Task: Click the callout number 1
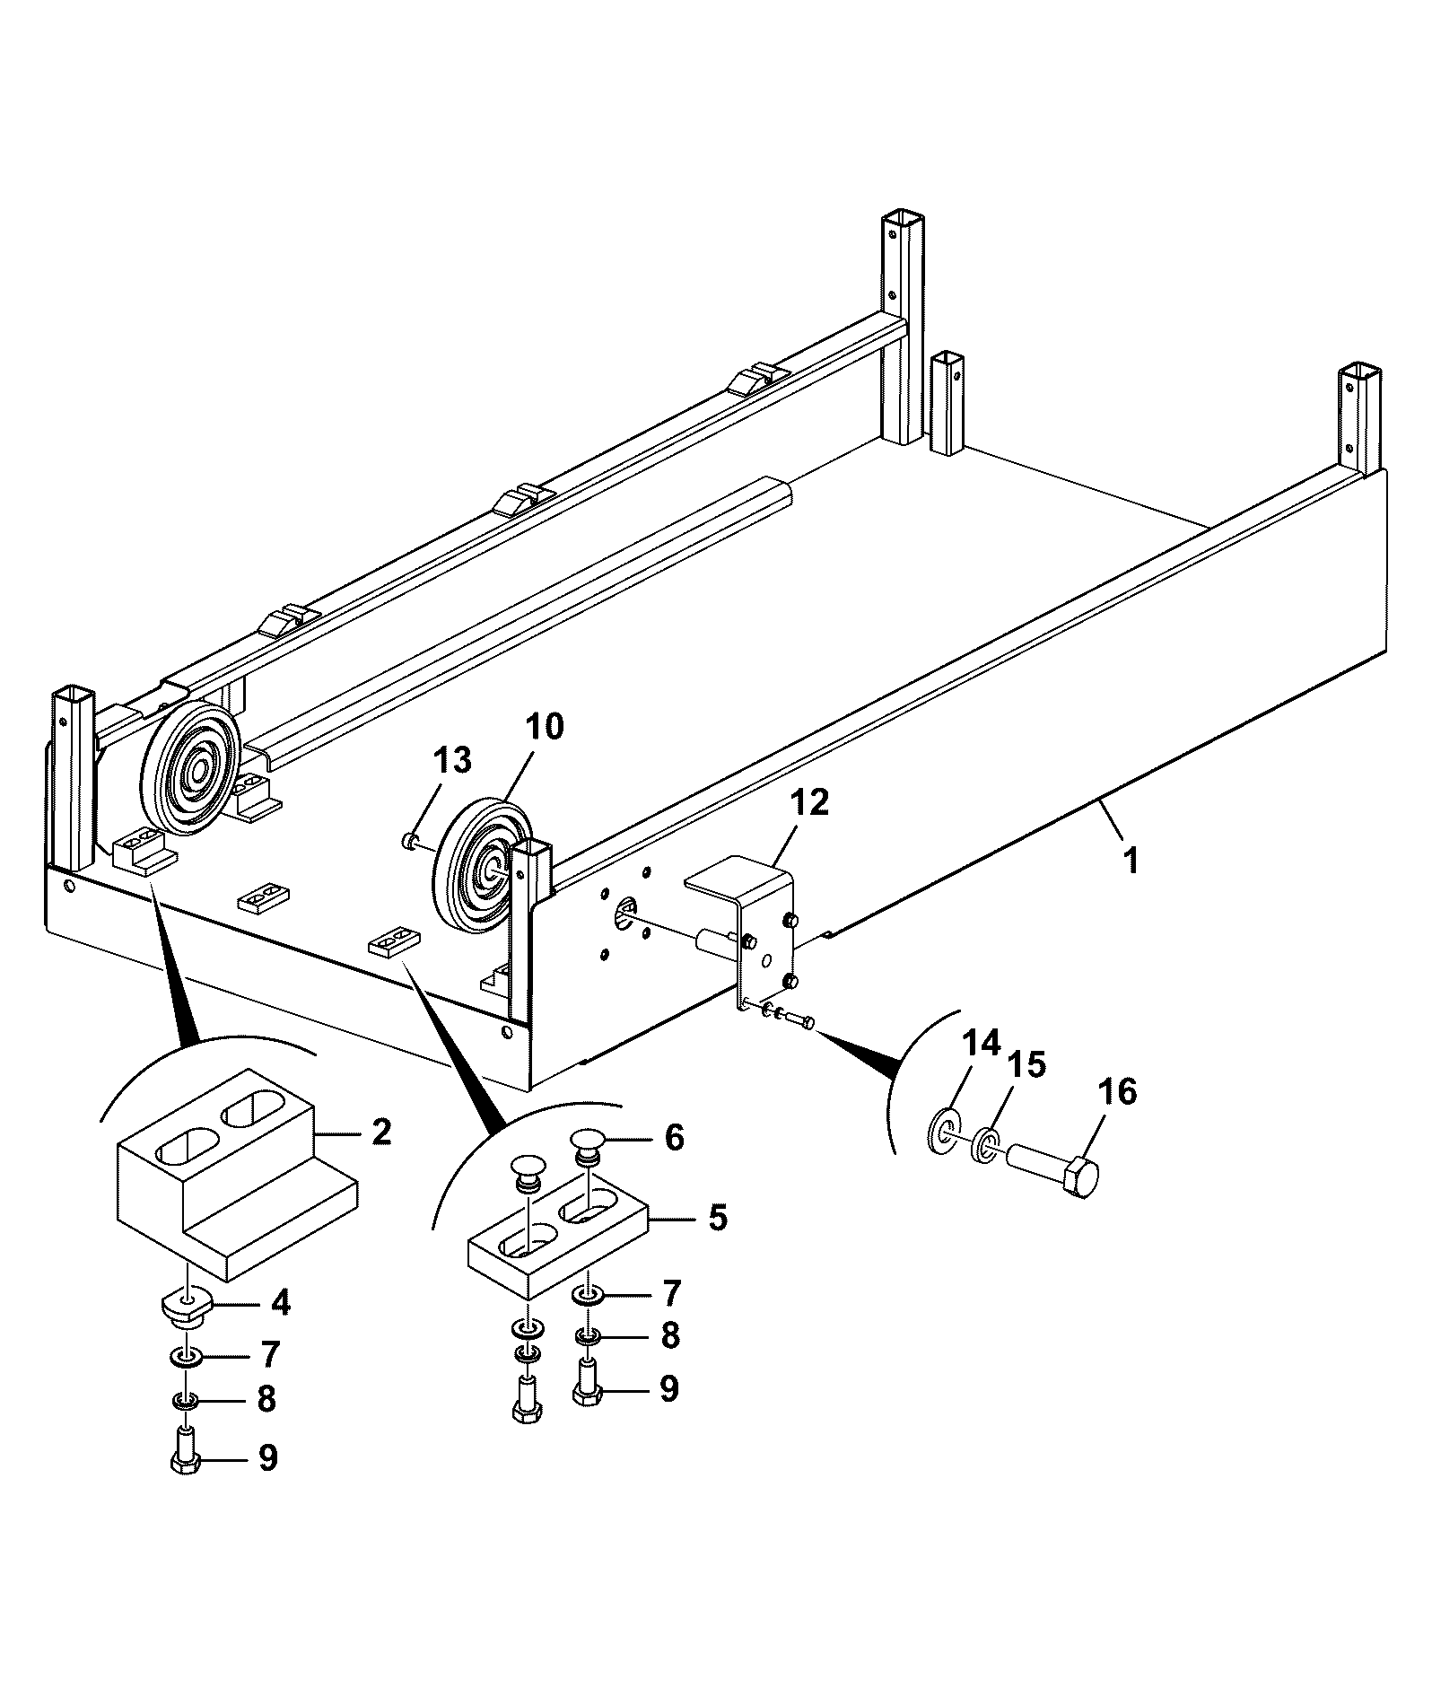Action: (x=1132, y=861)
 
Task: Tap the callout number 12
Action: (x=809, y=802)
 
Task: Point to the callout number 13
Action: (x=451, y=760)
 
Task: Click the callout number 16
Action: (x=1117, y=1092)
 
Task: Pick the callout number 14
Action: (x=981, y=1044)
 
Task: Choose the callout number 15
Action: (x=1026, y=1065)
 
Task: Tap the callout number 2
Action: (x=381, y=1132)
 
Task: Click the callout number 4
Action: (x=281, y=1302)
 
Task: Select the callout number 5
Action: (x=717, y=1218)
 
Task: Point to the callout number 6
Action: (x=674, y=1137)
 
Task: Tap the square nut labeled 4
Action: (x=187, y=1306)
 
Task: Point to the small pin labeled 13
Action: (x=410, y=840)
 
